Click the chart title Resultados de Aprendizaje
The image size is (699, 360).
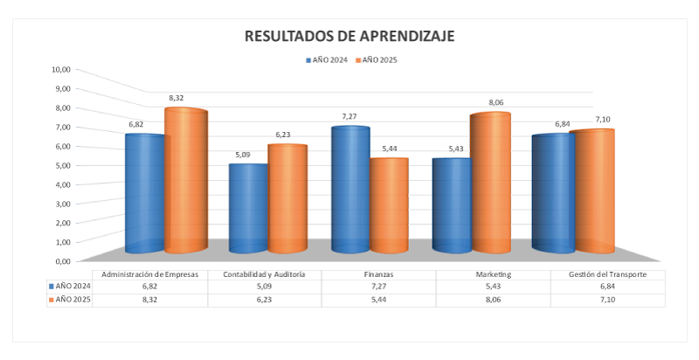(x=349, y=36)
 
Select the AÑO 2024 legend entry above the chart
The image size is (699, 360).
(x=327, y=60)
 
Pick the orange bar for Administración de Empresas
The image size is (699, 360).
(x=185, y=180)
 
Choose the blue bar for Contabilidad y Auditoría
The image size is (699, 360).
(x=248, y=208)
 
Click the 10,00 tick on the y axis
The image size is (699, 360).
(x=60, y=69)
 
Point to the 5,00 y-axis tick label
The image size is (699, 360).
(x=60, y=165)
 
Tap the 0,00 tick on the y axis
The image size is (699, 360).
(x=60, y=260)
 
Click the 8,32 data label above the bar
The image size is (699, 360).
(x=176, y=98)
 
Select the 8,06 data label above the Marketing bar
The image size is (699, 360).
(x=495, y=102)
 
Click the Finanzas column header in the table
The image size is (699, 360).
(x=378, y=274)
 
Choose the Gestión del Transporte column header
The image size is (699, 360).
(x=608, y=274)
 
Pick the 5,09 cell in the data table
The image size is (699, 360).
(x=264, y=287)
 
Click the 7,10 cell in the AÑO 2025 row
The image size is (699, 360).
(x=608, y=299)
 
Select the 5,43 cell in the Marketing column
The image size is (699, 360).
(x=494, y=287)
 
